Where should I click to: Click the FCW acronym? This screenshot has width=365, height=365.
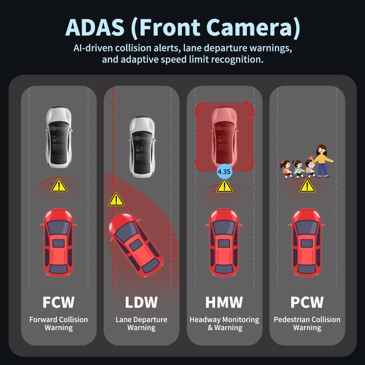[58, 302]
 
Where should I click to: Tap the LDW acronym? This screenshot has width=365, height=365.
[141, 302]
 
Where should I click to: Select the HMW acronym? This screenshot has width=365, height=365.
[224, 302]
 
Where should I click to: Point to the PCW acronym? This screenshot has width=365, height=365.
[307, 302]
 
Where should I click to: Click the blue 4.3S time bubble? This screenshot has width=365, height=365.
[224, 172]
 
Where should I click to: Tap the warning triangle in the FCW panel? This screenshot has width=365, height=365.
[59, 186]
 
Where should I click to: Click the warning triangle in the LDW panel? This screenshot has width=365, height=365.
[116, 200]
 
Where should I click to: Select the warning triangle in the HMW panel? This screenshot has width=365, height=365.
[224, 186]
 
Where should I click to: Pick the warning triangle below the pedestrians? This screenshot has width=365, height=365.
[307, 186]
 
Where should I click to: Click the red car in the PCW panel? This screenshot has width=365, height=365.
[307, 242]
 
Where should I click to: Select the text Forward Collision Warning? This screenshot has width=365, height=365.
[58, 324]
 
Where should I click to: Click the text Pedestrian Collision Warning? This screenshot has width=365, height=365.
[307, 324]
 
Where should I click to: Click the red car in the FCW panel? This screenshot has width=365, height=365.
[58, 242]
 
